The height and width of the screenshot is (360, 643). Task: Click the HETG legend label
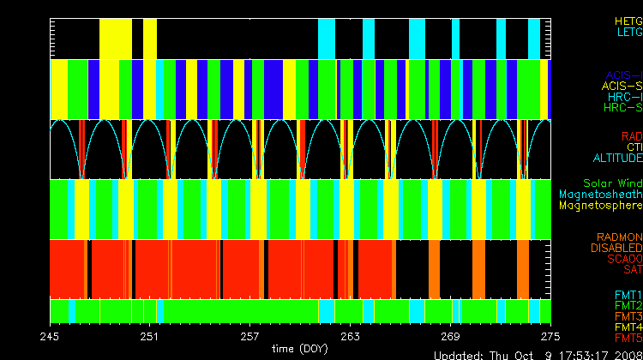(x=628, y=20)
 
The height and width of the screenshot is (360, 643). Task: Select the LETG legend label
(x=628, y=32)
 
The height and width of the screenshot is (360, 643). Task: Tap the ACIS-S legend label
(x=622, y=86)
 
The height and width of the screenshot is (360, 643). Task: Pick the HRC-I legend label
(x=624, y=97)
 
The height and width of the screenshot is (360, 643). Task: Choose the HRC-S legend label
(x=622, y=108)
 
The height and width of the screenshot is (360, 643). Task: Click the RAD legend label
(x=631, y=136)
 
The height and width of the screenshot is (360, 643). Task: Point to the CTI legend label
(x=634, y=147)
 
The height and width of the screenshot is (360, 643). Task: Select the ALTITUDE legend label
(x=617, y=159)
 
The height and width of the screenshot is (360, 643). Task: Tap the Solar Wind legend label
(x=611, y=183)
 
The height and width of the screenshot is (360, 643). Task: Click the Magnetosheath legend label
(x=599, y=195)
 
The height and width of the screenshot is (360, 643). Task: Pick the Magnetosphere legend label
(x=600, y=206)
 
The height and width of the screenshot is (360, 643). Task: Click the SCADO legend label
(x=622, y=259)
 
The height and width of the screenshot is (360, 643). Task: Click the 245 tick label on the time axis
(x=51, y=335)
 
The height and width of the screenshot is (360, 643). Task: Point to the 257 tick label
(x=250, y=335)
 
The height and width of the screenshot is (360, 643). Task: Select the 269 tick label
(x=450, y=335)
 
